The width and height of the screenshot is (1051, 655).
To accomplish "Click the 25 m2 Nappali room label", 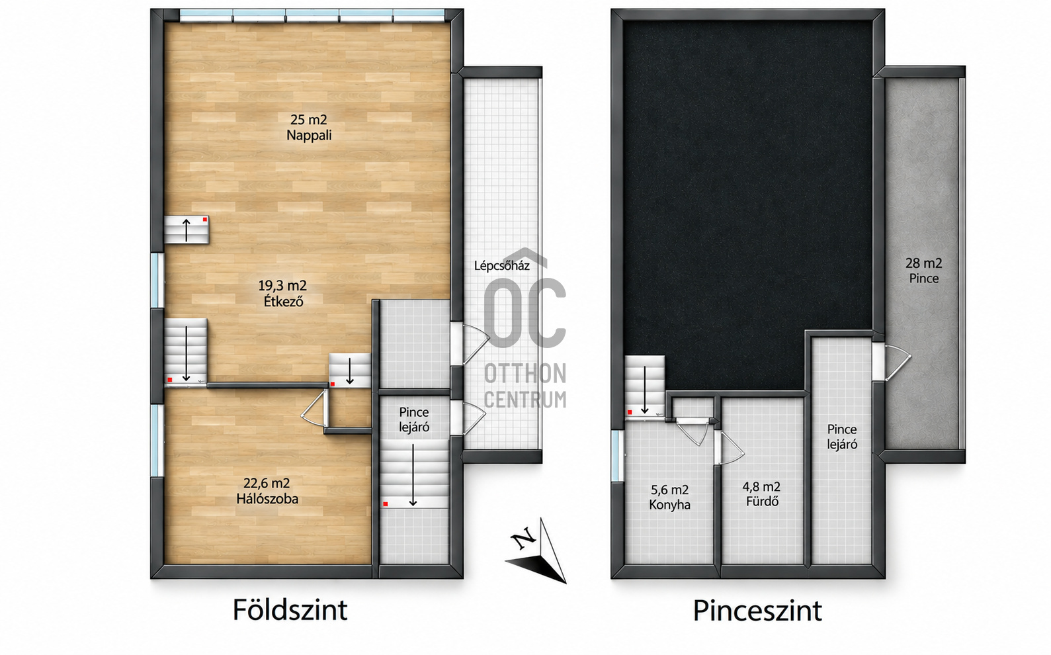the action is [309, 127].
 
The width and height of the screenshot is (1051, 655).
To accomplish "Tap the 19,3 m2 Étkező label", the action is [282, 293].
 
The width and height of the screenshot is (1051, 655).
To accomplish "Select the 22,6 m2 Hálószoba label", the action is [267, 490].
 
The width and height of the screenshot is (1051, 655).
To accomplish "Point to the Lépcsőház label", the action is [501, 265].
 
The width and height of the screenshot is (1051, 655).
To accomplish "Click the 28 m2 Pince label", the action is [923, 270].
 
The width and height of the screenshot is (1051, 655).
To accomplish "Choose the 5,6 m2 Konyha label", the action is [669, 498].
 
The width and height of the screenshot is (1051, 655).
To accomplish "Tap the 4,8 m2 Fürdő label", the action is [761, 494].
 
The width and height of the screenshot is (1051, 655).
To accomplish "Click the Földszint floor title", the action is [290, 610].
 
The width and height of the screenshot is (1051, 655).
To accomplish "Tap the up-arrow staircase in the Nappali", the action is [187, 230].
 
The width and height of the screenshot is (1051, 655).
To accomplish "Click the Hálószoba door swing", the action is [314, 408].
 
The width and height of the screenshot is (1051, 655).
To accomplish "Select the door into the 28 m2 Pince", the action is [892, 362].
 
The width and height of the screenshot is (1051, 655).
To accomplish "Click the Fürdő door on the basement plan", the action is [730, 448].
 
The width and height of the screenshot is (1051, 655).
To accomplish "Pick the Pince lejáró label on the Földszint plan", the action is [414, 419].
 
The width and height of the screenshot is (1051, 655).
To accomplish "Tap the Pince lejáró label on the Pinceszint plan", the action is [842, 437].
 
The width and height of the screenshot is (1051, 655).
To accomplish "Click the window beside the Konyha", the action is [618, 456].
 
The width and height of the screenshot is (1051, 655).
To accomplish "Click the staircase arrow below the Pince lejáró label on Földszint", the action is [413, 475].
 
